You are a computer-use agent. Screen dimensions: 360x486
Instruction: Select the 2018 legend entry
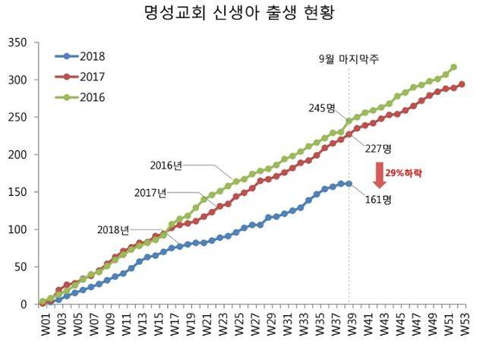pos(91,57)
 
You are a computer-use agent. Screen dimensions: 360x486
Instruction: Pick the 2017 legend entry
pos(91,77)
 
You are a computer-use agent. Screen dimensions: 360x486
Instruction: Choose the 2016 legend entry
pos(91,97)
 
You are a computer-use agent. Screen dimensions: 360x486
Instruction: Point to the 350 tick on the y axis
pos(17,43)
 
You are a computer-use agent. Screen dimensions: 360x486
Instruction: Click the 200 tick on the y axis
pos(17,155)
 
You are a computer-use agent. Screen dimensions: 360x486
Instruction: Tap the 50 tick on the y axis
pos(21,267)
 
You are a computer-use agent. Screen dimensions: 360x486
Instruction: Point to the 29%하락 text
pos(404,174)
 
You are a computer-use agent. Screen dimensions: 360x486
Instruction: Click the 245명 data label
pos(321,109)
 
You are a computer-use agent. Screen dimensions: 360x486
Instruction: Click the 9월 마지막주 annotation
pos(349,58)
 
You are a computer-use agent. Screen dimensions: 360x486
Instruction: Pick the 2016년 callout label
pos(166,165)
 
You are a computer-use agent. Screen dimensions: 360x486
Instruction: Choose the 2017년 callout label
pos(150,193)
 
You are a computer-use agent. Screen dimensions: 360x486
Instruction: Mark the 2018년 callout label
pos(113,229)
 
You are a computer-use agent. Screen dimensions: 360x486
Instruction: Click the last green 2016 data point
pos(453,67)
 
